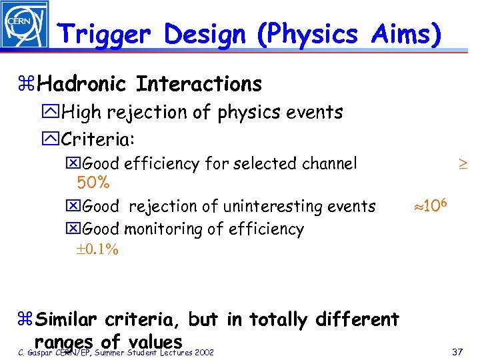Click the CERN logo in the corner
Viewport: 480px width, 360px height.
coord(25,25)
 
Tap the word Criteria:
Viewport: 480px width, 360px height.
coord(97,139)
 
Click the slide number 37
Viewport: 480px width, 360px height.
coord(457,351)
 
